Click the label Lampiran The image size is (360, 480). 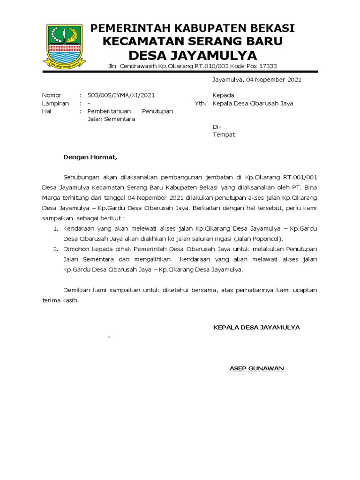[55, 103]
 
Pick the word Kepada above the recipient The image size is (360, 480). [223, 95]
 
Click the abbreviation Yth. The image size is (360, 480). [200, 103]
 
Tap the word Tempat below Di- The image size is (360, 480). [224, 135]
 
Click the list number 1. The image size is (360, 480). [55, 228]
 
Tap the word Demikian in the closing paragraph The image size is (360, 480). [77, 290]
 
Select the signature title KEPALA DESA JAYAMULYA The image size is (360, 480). [256, 327]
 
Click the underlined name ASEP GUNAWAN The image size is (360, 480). [256, 368]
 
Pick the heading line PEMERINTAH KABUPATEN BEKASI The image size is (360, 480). [192, 29]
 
